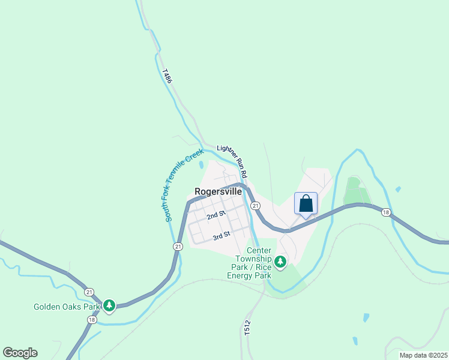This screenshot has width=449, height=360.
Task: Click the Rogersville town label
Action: point(218,192)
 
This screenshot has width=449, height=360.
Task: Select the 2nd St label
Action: point(215,214)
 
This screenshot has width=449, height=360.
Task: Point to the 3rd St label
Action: point(221,235)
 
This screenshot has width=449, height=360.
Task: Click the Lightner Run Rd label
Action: point(232,160)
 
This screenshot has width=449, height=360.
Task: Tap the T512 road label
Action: point(247,330)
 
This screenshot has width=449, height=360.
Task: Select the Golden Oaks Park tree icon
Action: point(109,306)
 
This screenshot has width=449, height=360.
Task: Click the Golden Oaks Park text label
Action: point(66,307)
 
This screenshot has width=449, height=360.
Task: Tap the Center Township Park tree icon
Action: point(280,262)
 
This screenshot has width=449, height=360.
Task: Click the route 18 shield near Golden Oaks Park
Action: point(92,320)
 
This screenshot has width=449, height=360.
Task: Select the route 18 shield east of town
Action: point(385,212)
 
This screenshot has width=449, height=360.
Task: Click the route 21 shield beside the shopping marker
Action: point(256,206)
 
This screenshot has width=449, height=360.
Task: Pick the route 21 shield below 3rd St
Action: point(178,247)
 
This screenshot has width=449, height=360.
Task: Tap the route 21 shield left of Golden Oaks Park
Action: point(89,292)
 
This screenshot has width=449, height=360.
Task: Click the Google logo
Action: point(20,353)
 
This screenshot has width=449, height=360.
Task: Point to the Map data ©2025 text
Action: point(423,355)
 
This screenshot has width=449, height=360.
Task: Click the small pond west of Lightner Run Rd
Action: point(201,164)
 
